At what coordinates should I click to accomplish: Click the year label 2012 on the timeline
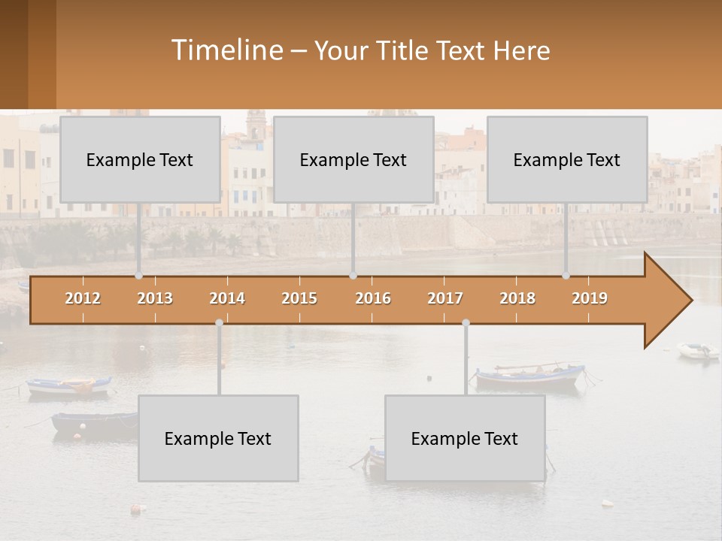coord(83,298)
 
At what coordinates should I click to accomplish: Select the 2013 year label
coord(155,298)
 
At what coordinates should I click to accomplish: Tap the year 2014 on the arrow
coord(227,298)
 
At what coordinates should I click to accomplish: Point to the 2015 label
coord(299,298)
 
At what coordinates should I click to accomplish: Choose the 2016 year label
coord(373,298)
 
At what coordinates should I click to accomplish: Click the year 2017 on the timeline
coord(445,298)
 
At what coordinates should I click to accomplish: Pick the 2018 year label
coord(517,298)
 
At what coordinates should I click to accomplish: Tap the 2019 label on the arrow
coord(590,298)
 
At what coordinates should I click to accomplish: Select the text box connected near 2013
coord(140,159)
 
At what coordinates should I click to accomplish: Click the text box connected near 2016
coord(353,159)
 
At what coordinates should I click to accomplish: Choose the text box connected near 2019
coord(567,159)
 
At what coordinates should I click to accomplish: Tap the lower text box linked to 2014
coord(218,438)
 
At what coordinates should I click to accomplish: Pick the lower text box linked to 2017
coord(465,438)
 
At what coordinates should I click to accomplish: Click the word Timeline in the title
coord(226,50)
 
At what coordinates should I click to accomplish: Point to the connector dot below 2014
coord(219,323)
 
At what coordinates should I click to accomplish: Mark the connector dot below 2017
coord(466,323)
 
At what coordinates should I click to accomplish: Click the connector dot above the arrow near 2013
coord(138,276)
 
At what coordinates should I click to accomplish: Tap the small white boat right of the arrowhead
coord(698,350)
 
